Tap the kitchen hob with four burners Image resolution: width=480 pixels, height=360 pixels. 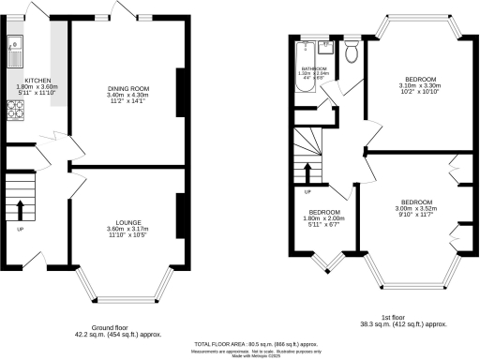tap(16, 112)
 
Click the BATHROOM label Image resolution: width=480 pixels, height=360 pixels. tap(314, 69)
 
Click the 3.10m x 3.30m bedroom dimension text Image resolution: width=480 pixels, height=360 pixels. tap(412, 86)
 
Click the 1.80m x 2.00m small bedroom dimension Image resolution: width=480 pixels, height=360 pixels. tap(323, 218)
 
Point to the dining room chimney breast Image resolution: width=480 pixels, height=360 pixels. tap(180, 91)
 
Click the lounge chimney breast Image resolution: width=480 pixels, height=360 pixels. tap(179, 213)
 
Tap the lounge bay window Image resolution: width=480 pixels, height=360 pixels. tap(125, 281)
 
